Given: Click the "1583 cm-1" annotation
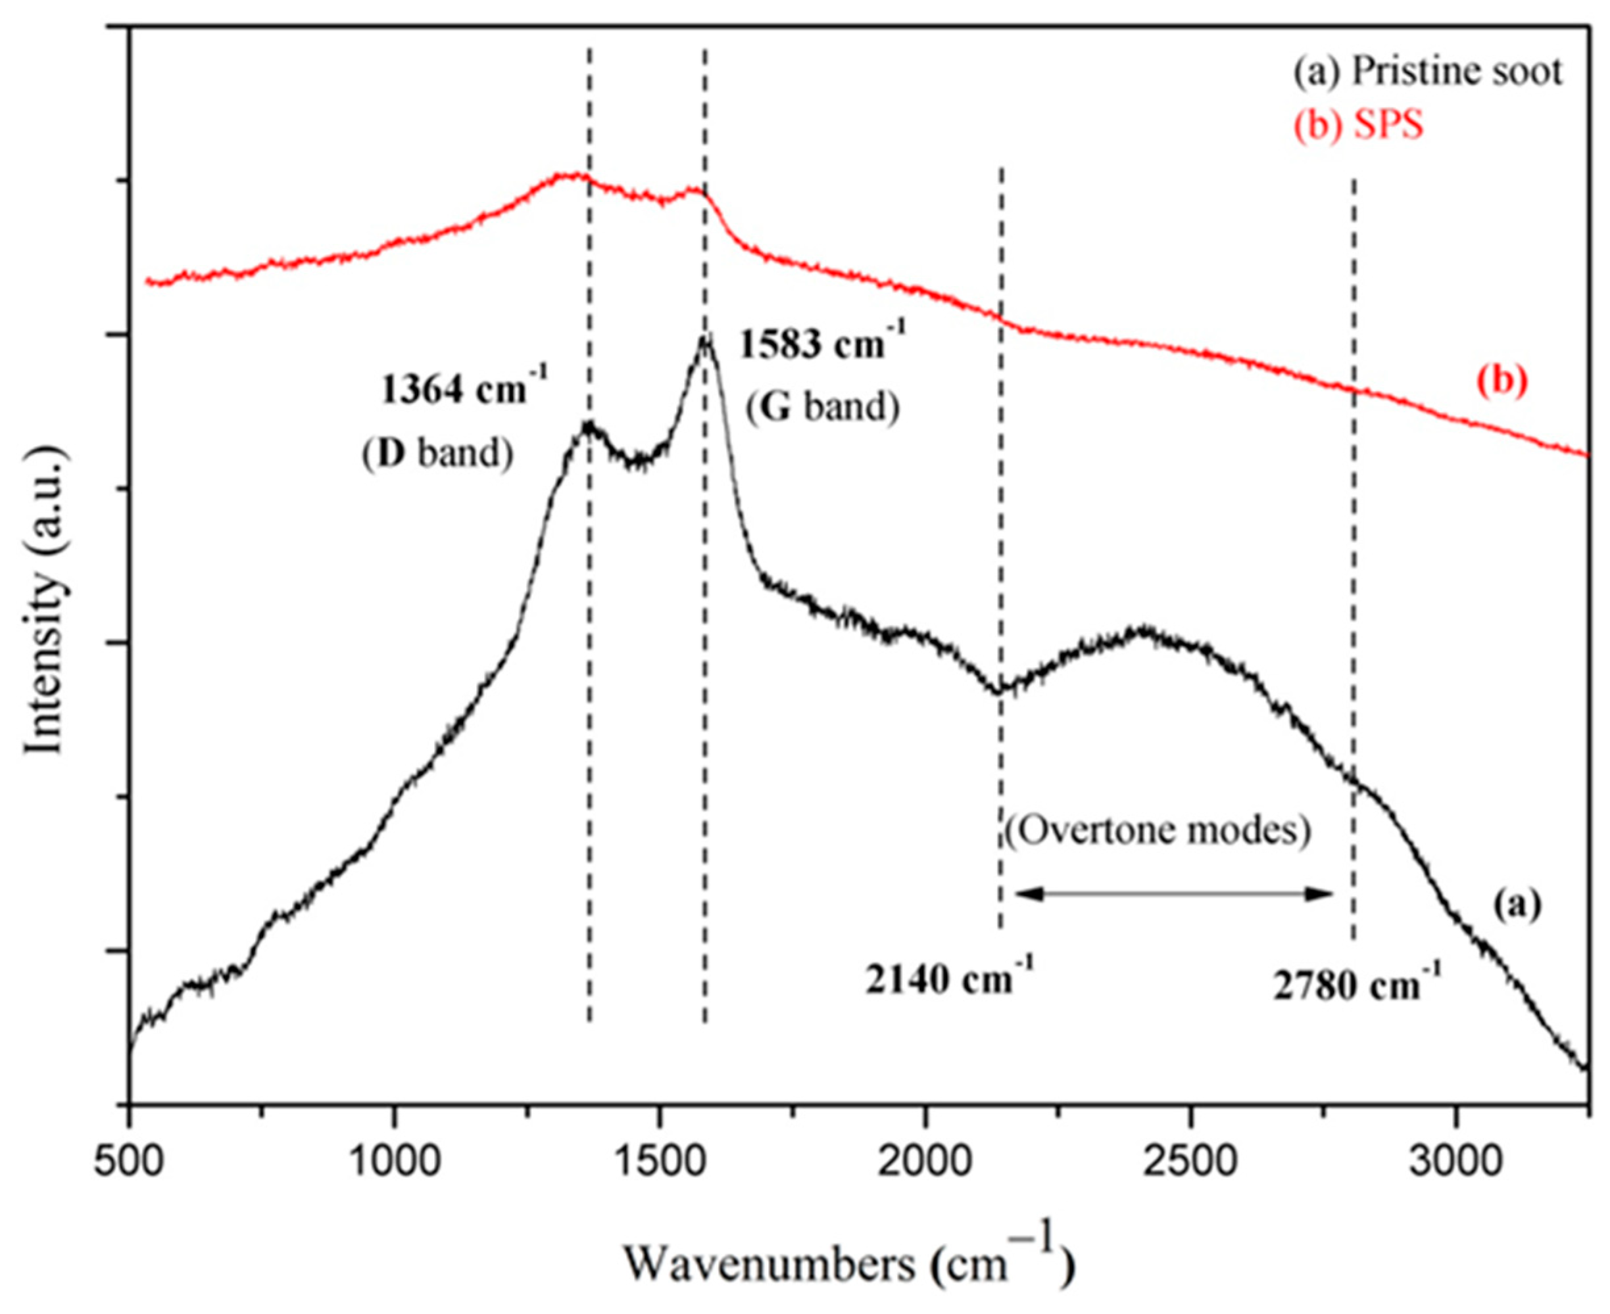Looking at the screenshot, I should (x=821, y=344).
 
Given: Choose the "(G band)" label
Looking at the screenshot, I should (x=823, y=408).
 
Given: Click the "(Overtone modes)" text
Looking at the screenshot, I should (x=1159, y=831).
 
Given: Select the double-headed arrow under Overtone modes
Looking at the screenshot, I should (x=1173, y=894).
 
